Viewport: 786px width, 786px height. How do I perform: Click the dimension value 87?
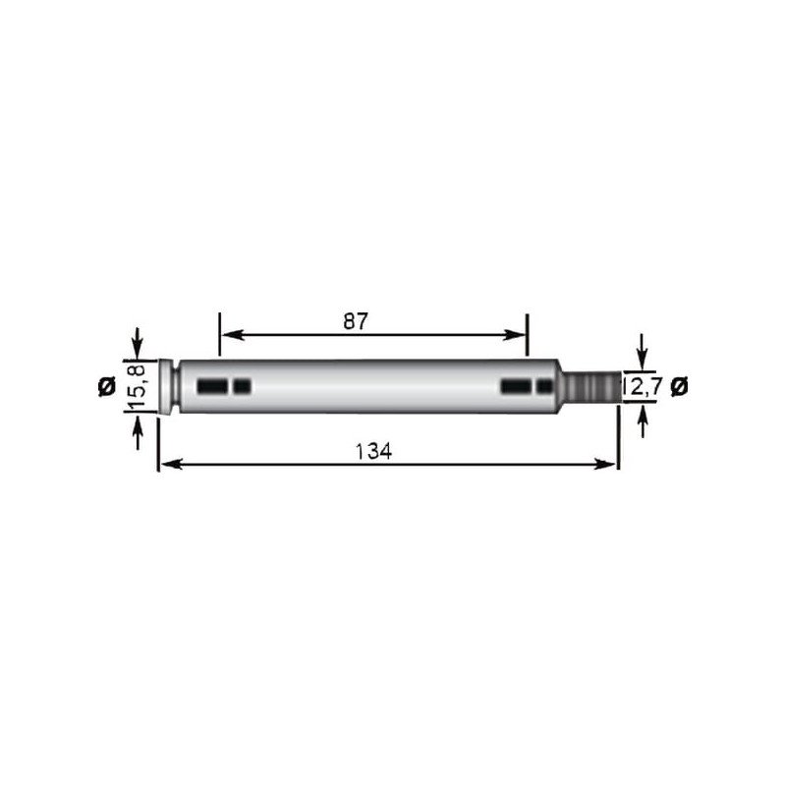point(356,321)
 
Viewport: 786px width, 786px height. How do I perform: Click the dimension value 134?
point(373,451)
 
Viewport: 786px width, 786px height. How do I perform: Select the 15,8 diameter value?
point(136,386)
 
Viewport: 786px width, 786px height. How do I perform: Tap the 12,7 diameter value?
point(643,386)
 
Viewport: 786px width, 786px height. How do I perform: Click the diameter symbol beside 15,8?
point(107,386)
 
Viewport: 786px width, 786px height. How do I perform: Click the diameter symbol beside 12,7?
point(679,386)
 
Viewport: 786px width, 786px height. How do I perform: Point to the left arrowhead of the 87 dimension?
point(233,335)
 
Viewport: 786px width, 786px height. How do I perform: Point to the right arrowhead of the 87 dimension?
point(514,335)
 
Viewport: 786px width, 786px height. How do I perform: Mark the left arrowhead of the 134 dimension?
point(171,465)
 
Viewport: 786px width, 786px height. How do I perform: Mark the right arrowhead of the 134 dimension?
point(605,465)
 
